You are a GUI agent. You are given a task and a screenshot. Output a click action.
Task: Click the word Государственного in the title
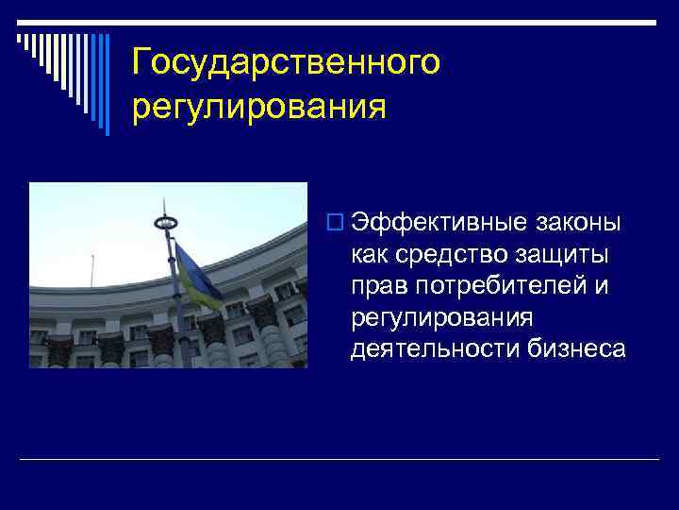click(x=286, y=62)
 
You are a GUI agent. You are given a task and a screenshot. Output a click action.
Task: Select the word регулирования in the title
click(x=259, y=106)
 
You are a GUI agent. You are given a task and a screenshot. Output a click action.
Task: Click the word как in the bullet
click(x=369, y=255)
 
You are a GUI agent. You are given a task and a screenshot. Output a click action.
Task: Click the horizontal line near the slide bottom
click(x=339, y=459)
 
